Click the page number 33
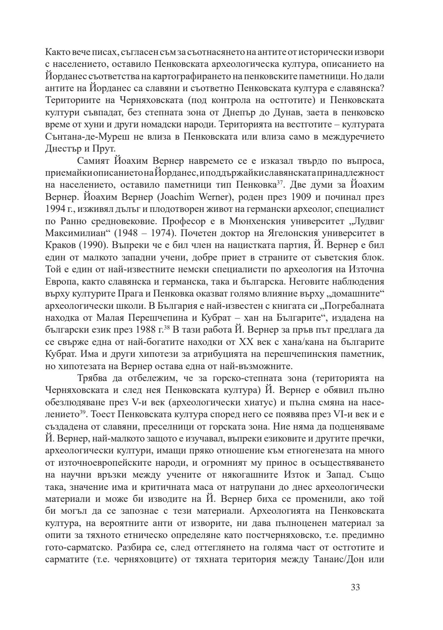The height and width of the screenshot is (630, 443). pyautogui.click(x=355, y=587)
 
